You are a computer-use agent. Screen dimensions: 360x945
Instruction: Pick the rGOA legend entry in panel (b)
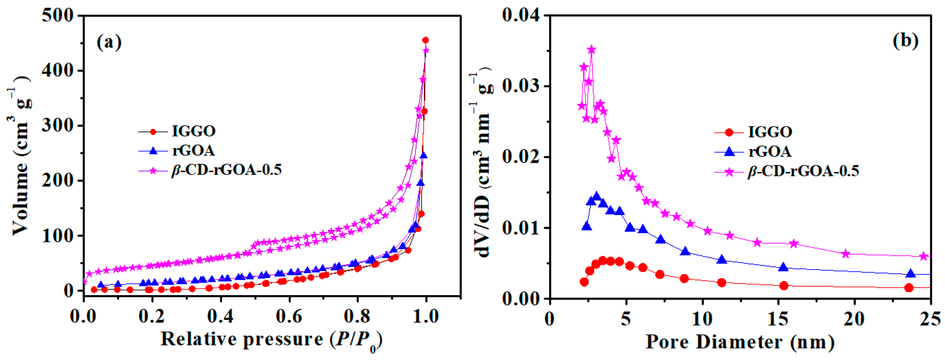coord(769,151)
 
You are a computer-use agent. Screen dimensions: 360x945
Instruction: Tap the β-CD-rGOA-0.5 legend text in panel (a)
coord(226,170)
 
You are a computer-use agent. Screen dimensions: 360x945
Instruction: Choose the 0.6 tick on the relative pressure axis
coord(289,316)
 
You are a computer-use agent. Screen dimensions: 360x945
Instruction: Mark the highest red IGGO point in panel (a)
coord(425,40)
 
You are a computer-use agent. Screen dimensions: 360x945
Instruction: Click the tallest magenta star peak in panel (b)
coord(591,50)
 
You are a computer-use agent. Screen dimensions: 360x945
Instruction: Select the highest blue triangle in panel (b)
coord(596,196)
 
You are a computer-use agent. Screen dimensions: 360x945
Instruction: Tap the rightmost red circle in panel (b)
coord(909,288)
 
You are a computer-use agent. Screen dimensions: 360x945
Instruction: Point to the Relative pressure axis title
coord(271,339)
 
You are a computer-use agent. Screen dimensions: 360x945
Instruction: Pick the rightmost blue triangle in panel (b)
coord(910,273)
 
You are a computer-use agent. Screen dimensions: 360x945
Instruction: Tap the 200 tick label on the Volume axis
coord(58,180)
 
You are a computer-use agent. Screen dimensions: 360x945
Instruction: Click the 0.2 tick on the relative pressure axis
coord(152,316)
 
